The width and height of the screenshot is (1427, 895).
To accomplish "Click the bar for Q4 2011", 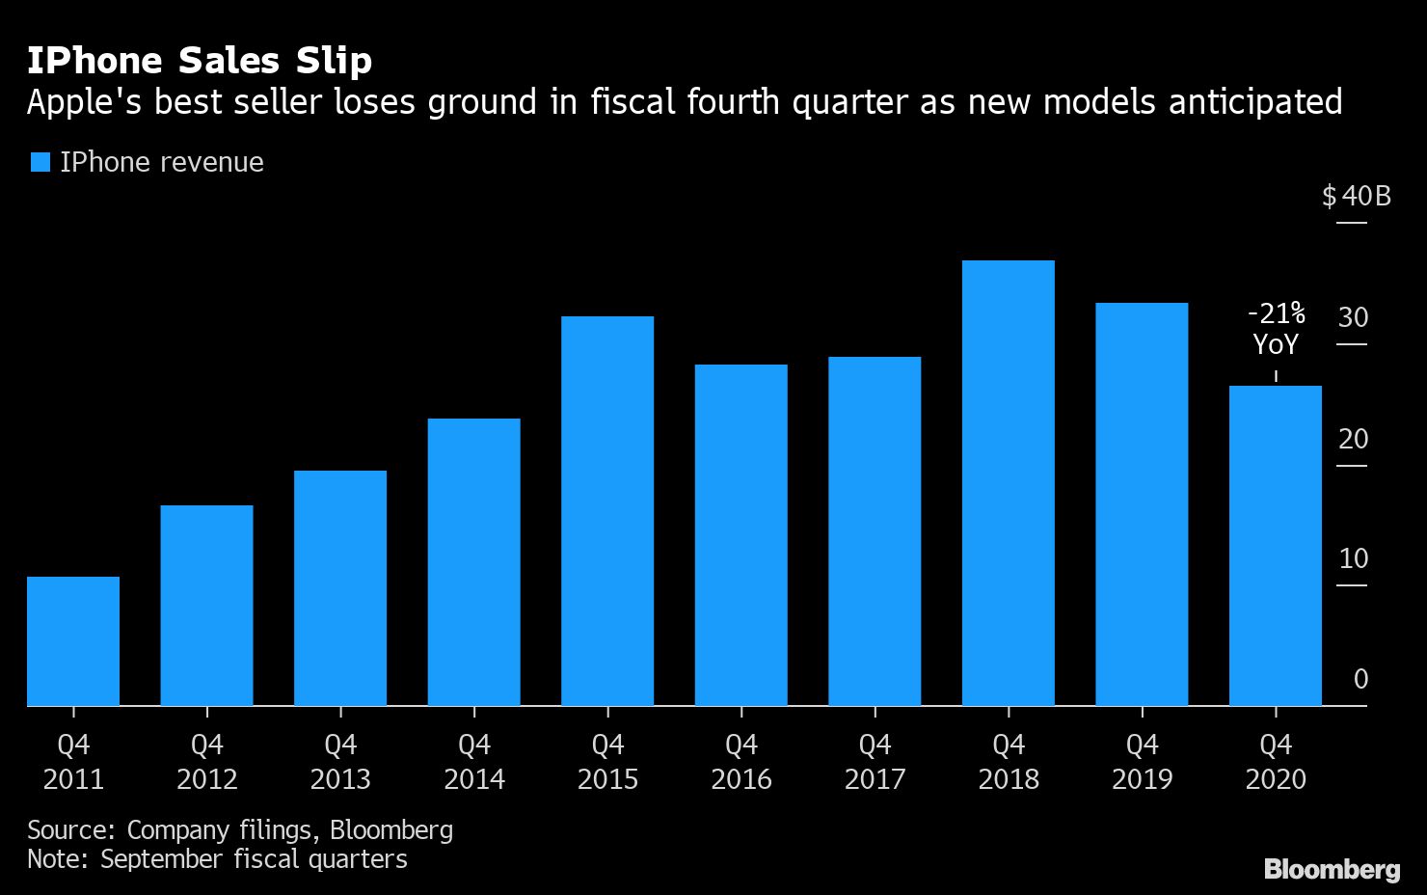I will [73, 641].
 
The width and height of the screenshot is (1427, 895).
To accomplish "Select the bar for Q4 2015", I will [607, 511].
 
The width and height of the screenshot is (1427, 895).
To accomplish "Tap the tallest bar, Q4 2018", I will [1009, 483].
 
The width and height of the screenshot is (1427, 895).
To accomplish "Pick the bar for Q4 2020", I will [1276, 546].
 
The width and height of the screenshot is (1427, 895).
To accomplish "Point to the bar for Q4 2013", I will [340, 588].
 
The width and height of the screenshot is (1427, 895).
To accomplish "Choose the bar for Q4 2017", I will [875, 531].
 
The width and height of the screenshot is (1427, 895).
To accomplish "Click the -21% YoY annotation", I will [1276, 329].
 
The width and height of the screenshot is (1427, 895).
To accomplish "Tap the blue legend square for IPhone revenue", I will [40, 162].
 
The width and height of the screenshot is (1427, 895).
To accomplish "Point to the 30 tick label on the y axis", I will [1353, 317].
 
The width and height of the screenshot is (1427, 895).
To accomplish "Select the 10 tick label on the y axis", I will [1353, 558].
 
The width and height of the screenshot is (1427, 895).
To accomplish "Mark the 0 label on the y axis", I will [1360, 679].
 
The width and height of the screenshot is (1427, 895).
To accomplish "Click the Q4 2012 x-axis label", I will [207, 762].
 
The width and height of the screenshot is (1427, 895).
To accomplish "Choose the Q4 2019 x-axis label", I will [1143, 762].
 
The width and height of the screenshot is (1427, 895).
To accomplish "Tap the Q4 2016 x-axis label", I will [741, 762].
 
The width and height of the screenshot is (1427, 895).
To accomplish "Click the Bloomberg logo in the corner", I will [1332, 869].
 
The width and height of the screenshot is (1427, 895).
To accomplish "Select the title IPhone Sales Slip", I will [200, 61].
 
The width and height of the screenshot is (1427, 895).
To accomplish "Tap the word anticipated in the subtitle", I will [1254, 101].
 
